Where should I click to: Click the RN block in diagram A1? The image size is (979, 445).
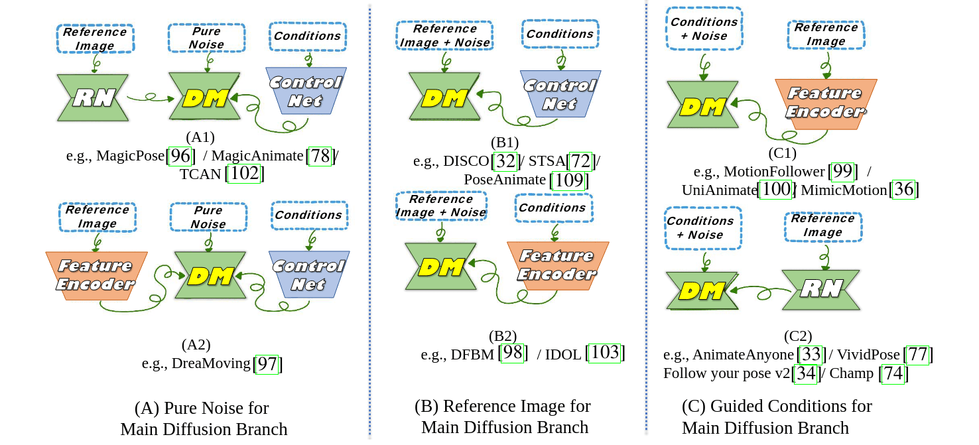92,97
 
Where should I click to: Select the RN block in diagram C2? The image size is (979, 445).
820,289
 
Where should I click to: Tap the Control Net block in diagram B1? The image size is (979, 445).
560,94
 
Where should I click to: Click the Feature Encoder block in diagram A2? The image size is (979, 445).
96,275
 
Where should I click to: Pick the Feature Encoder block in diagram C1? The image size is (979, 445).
826,103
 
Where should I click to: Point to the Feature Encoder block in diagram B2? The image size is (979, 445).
558,265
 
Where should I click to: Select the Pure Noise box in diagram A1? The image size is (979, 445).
206,38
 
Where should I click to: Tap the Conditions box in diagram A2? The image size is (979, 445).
308,215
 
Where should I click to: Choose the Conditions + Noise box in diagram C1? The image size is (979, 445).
704,29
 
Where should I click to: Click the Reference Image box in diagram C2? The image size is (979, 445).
823,225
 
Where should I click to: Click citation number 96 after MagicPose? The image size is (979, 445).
180,157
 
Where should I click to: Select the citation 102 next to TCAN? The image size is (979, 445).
245,174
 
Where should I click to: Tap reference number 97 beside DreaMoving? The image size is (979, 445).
269,363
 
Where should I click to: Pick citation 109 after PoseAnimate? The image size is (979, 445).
570,180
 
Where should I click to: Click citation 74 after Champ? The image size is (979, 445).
893,374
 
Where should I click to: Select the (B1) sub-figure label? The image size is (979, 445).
505,143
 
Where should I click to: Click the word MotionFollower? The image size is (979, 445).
774,172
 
